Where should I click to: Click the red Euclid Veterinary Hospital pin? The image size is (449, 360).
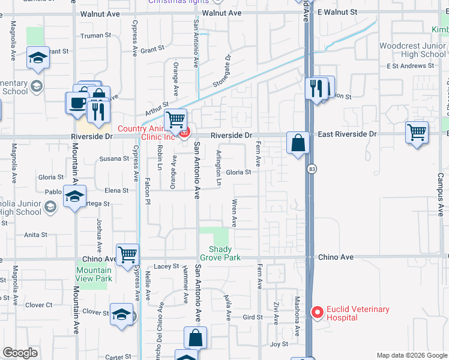318,312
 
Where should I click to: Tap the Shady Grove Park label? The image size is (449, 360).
224,253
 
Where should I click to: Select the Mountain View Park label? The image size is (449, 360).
94,274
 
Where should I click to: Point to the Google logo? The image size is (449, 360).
20,353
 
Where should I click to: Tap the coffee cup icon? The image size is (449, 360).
77,103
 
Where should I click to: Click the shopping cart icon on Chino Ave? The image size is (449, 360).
127,255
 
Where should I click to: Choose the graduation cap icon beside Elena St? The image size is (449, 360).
75,196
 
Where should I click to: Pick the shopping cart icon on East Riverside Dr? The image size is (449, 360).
417,132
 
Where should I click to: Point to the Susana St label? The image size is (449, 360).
114,158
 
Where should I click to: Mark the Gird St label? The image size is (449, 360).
249,317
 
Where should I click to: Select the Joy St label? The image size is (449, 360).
279,344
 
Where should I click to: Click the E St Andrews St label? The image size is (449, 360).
409,65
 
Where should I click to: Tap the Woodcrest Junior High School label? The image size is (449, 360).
412,50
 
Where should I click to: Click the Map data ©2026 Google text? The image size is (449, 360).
411,355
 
